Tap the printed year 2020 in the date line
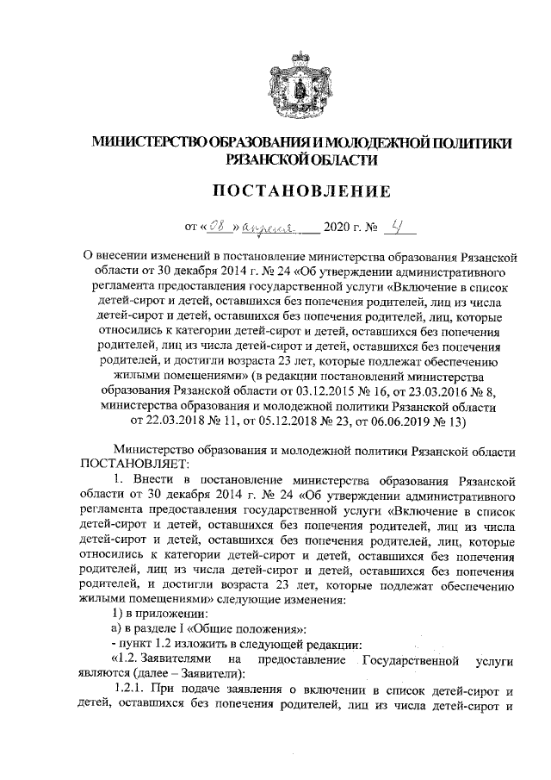click(x=337, y=229)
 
